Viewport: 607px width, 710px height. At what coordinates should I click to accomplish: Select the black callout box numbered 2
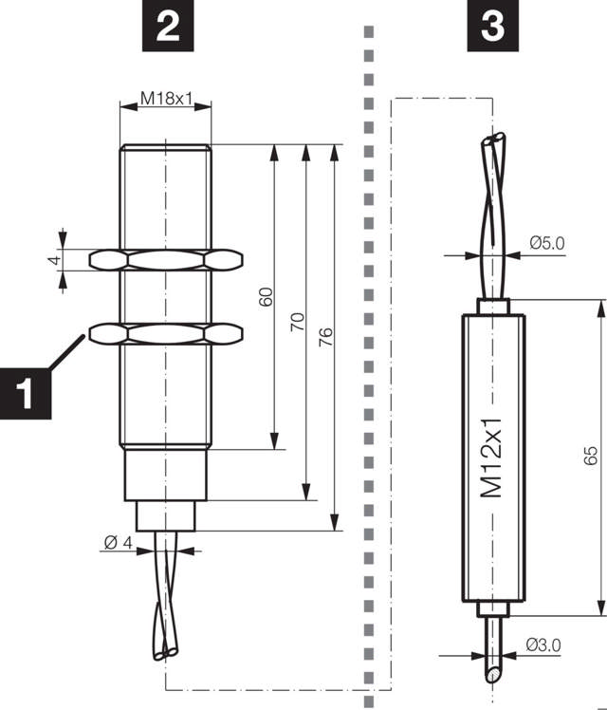(167, 26)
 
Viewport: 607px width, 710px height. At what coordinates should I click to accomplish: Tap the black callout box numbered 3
(492, 26)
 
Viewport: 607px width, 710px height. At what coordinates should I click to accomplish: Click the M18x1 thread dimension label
(167, 99)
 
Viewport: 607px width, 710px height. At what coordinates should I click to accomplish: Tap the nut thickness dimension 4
(55, 258)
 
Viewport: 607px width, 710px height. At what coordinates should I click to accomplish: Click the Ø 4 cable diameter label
(118, 542)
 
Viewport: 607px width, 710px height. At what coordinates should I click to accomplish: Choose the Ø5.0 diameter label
(546, 243)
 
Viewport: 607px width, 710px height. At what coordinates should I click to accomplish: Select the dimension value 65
(590, 457)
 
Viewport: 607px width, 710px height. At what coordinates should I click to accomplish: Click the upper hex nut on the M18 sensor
(166, 258)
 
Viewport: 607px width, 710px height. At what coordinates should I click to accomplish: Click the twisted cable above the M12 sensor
(494, 218)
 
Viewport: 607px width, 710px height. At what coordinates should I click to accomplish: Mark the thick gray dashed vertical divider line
(367, 380)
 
